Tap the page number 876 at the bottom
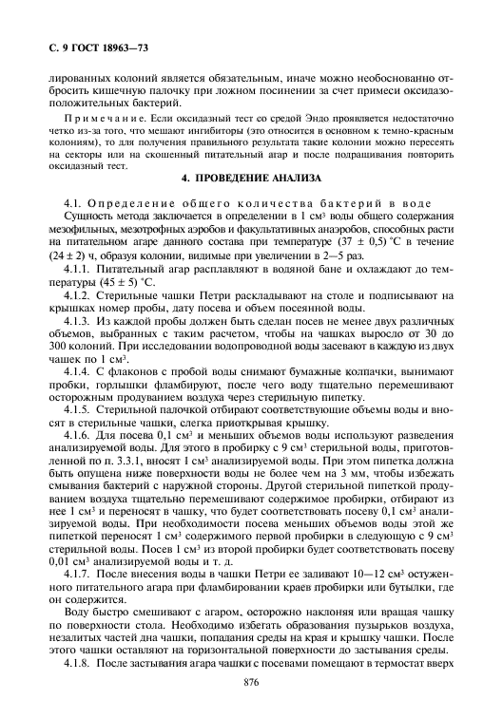251,683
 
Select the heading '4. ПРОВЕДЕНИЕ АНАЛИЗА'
251,179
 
